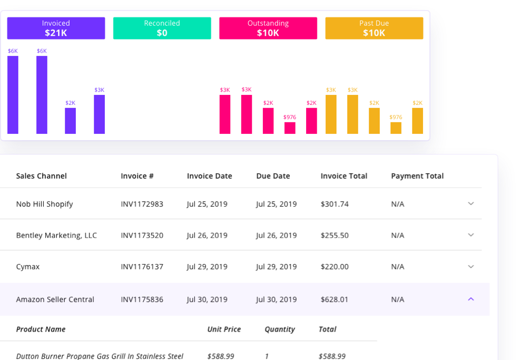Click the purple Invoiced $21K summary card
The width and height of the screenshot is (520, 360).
coord(56,28)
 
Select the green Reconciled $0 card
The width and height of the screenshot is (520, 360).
coord(162,28)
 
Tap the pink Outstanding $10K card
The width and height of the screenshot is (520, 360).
coord(268,28)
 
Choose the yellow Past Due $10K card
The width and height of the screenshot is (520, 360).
coord(374,28)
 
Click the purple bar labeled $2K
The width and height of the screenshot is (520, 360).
coord(70,121)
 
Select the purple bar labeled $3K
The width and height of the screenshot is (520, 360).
coord(99,114)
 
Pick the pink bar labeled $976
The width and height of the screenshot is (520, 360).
coord(290,128)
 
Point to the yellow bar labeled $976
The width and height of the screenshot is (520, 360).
coord(396,128)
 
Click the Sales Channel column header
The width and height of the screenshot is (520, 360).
coord(41,176)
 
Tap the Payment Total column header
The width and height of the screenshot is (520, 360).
coord(417,176)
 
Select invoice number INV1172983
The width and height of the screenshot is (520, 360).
coord(142,204)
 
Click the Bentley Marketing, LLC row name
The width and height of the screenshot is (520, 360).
coord(56,235)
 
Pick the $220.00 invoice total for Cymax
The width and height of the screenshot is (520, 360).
coord(334,267)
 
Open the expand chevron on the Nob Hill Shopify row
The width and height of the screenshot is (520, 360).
coord(471,203)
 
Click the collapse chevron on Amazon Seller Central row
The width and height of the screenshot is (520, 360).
coord(471,299)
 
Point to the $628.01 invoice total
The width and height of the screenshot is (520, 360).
coord(334,299)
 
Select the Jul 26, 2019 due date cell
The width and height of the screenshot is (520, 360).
coord(276,235)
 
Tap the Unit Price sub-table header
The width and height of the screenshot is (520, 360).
coord(224,329)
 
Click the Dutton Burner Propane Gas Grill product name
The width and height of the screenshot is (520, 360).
coord(100,356)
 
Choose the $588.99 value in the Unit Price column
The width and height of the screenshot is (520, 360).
coord(221,356)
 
